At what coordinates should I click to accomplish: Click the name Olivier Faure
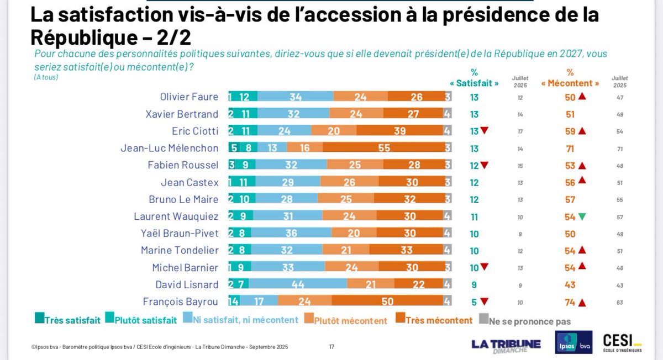pos(189,97)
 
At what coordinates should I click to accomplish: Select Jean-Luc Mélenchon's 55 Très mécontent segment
pos(383,148)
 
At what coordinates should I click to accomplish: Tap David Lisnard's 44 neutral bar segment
pos(298,285)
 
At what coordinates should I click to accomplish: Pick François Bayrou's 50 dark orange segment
pos(387,301)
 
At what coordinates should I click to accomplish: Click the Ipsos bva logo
pos(573,342)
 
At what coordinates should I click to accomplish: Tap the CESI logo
pos(623,342)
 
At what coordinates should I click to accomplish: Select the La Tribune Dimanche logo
pos(506,345)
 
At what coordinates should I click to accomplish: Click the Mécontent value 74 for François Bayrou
pos(570,302)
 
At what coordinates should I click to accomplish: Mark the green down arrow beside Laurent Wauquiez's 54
pos(582,216)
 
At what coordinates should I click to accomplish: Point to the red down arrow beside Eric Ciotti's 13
pos(484,131)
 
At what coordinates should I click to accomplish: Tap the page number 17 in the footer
pos(331,347)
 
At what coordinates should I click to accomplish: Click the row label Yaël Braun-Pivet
pos(182,234)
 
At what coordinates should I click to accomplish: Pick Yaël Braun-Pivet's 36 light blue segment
pos(291,234)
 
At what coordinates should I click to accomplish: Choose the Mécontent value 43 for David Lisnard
pos(570,285)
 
